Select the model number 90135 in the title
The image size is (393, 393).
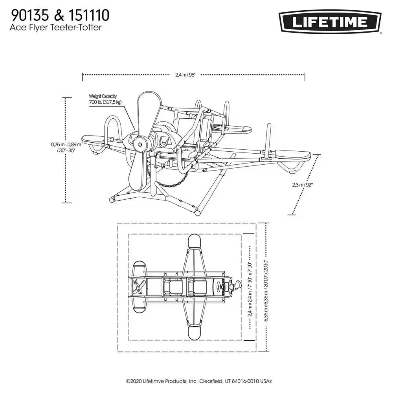pyautogui.click(x=30, y=16)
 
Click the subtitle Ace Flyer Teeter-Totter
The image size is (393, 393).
pyautogui.click(x=56, y=28)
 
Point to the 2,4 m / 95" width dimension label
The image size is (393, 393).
pyautogui.click(x=185, y=75)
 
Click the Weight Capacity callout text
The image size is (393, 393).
pyautogui.click(x=105, y=99)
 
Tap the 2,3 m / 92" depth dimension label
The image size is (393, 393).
pyautogui.click(x=303, y=185)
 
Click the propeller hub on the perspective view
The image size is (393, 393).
pyautogui.click(x=140, y=145)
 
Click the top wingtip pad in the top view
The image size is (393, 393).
pyautogui.click(x=194, y=241)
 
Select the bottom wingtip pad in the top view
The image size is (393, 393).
pyautogui.click(x=194, y=333)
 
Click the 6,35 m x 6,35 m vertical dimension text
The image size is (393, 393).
pyautogui.click(x=266, y=290)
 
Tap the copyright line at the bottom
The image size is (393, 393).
pyautogui.click(x=199, y=381)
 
